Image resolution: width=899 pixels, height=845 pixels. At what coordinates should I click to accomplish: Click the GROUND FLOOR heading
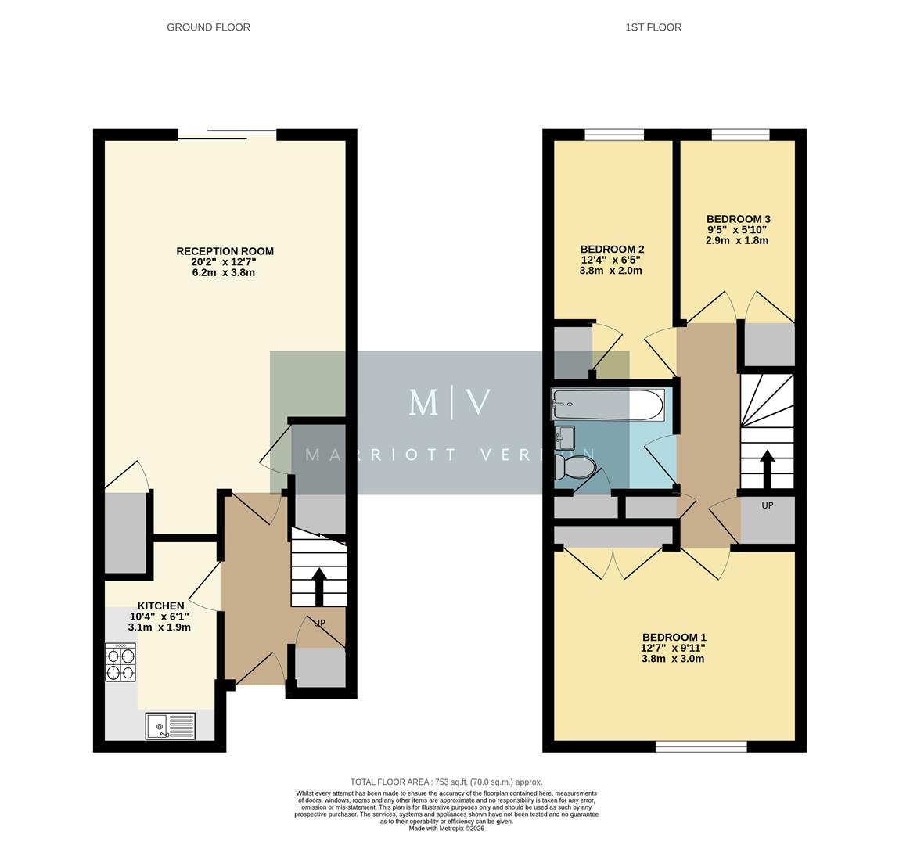[208, 27]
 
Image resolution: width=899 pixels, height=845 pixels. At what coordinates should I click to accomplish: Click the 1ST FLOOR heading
[653, 27]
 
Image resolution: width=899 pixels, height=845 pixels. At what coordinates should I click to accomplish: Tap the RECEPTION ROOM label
[225, 251]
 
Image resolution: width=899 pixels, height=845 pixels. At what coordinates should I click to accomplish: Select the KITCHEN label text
[160, 606]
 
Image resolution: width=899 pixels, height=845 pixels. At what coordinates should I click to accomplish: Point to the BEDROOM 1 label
[673, 637]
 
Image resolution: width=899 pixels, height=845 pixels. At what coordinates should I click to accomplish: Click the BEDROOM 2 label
[611, 249]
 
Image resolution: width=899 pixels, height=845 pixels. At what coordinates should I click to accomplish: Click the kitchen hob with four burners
[120, 663]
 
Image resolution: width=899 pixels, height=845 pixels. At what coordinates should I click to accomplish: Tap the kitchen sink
[170, 726]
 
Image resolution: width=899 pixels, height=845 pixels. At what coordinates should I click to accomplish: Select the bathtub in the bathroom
[608, 405]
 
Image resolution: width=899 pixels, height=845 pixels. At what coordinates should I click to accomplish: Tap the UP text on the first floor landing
[767, 505]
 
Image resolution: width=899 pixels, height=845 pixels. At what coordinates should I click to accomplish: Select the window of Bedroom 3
[739, 135]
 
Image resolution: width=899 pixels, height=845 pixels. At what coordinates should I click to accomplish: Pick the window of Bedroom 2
[614, 135]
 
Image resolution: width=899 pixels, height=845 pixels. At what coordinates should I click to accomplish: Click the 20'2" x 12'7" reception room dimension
[225, 262]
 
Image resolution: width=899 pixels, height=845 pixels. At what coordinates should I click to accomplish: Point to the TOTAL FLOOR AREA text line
[446, 782]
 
